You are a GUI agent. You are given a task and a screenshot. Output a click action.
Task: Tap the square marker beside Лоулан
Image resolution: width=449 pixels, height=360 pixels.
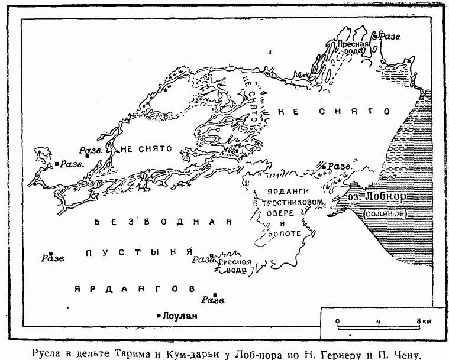[159, 316]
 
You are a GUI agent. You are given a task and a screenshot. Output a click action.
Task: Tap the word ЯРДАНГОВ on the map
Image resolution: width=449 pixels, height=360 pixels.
[134, 288]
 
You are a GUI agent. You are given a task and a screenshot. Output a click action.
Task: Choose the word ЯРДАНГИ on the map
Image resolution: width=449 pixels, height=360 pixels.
[272, 192]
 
